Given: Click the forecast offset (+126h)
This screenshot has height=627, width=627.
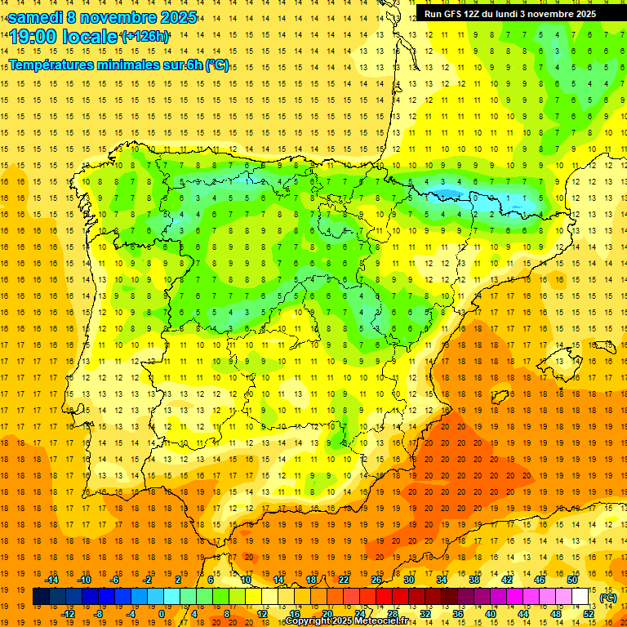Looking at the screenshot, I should (145, 37).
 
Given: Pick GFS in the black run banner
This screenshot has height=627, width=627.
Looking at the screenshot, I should (455, 14).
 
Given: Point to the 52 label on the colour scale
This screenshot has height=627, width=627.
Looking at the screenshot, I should (588, 614).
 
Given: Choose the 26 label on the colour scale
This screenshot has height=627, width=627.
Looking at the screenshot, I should (376, 580).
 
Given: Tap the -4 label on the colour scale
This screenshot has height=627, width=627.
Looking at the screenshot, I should (131, 614).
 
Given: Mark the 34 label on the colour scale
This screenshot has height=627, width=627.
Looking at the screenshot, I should (442, 580).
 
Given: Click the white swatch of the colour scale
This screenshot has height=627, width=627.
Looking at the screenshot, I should (580, 597).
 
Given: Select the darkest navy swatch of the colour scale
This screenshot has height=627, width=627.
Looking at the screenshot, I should (41, 597).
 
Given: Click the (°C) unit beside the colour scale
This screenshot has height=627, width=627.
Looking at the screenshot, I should (607, 598).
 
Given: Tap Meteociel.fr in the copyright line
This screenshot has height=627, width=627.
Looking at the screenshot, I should (379, 621).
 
